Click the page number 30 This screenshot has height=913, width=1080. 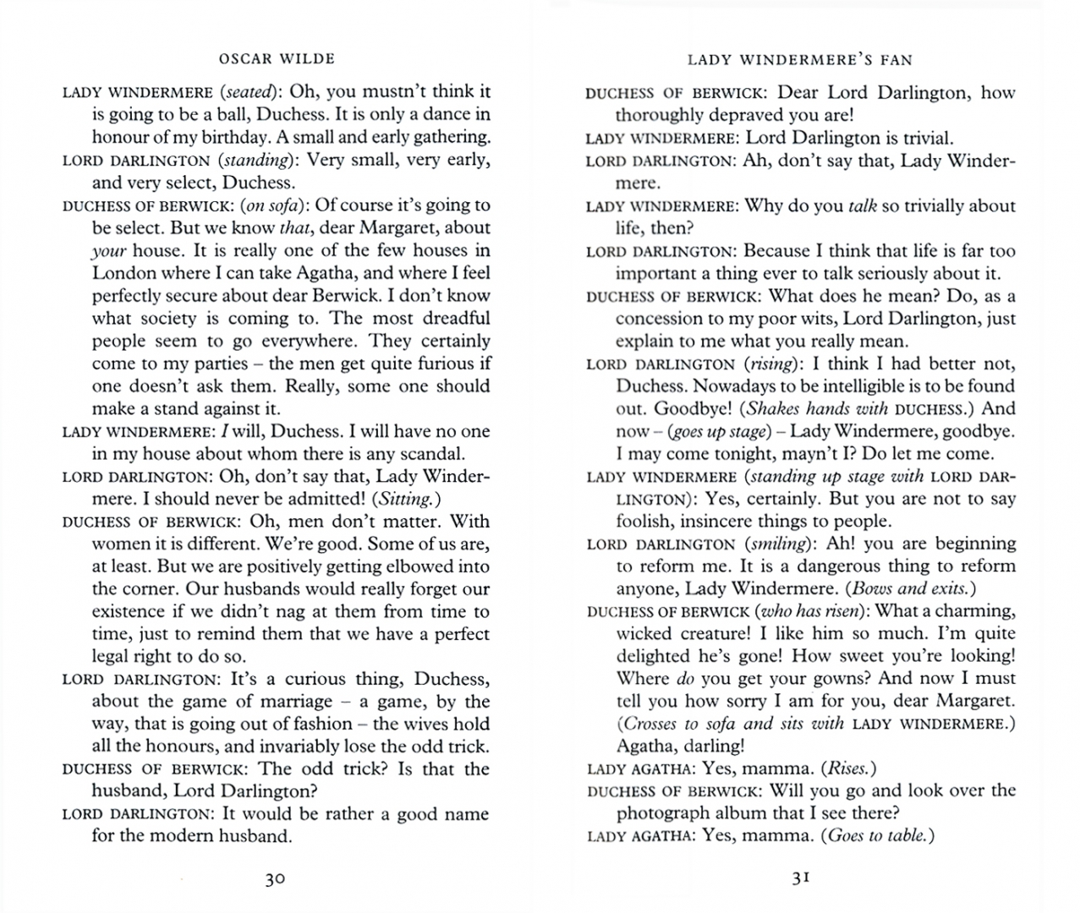275,878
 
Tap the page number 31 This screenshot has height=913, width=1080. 801,877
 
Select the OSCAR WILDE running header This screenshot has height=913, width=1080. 277,58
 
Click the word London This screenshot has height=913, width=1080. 124,273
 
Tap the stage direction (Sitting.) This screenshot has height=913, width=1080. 398,499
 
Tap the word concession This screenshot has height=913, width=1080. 662,319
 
